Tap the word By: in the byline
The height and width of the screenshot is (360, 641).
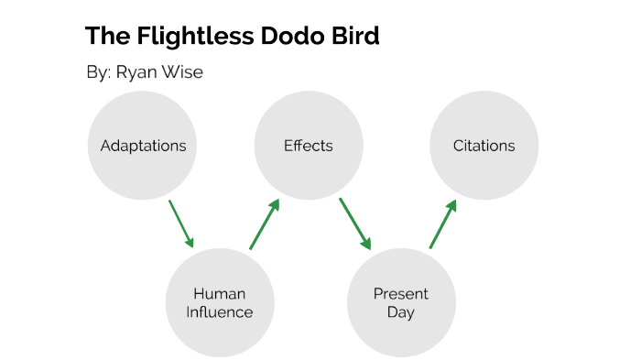98,73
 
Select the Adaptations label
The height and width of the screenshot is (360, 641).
143,146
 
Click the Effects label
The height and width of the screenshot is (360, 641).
309,146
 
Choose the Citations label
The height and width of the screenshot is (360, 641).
483,146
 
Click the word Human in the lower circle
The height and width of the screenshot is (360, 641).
220,294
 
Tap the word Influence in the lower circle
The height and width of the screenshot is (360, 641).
220,312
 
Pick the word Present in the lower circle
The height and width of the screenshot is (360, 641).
401,294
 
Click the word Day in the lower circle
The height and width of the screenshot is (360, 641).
401,312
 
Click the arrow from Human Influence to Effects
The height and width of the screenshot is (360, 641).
264,225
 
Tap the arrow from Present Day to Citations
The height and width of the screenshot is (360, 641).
442,225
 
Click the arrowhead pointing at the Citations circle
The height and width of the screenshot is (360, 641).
451,207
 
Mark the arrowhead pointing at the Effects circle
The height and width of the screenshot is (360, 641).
273,207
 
